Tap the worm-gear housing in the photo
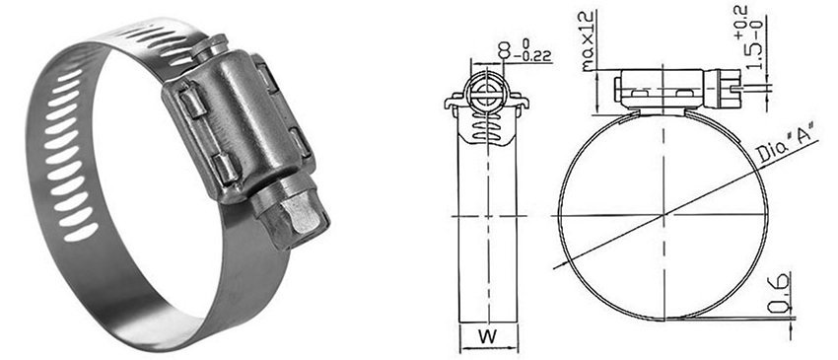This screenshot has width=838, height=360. [238, 123]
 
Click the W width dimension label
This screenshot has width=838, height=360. [487, 336]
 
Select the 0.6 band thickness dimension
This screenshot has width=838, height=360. [780, 294]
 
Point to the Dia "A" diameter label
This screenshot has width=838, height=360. [788, 144]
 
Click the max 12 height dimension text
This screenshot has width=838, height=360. [589, 41]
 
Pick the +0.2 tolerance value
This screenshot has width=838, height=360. [741, 22]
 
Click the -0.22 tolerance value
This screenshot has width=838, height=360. [532, 56]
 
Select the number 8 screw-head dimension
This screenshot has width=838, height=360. [503, 52]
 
